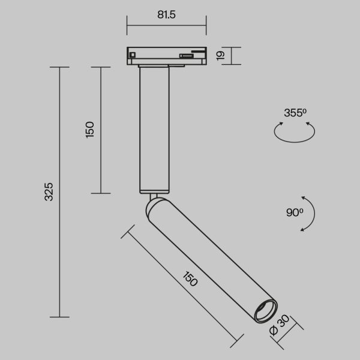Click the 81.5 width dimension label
(166, 14)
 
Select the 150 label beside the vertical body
(89, 130)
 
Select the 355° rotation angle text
(295, 112)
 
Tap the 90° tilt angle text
(295, 211)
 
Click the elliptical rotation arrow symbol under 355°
(295, 133)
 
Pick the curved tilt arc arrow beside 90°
(309, 213)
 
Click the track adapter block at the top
(166, 55)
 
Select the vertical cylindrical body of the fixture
(154, 129)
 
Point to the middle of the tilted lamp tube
(207, 255)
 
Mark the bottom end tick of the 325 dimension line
(59, 316)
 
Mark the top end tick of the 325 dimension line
(59, 68)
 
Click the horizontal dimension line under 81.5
(166, 26)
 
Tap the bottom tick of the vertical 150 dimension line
(100, 193)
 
